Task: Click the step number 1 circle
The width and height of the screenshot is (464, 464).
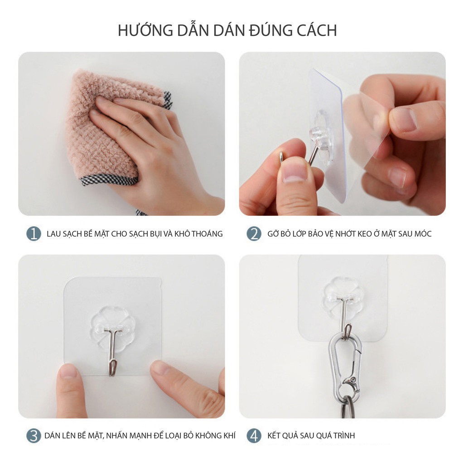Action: (x=34, y=234)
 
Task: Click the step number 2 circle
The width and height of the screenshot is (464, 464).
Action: (x=254, y=234)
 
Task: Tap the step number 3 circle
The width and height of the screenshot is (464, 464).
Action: (x=34, y=436)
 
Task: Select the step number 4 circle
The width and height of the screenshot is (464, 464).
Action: (x=254, y=436)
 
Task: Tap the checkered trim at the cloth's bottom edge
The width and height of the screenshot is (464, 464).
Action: (x=109, y=181)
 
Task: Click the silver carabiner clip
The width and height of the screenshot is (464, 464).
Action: (x=344, y=358)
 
